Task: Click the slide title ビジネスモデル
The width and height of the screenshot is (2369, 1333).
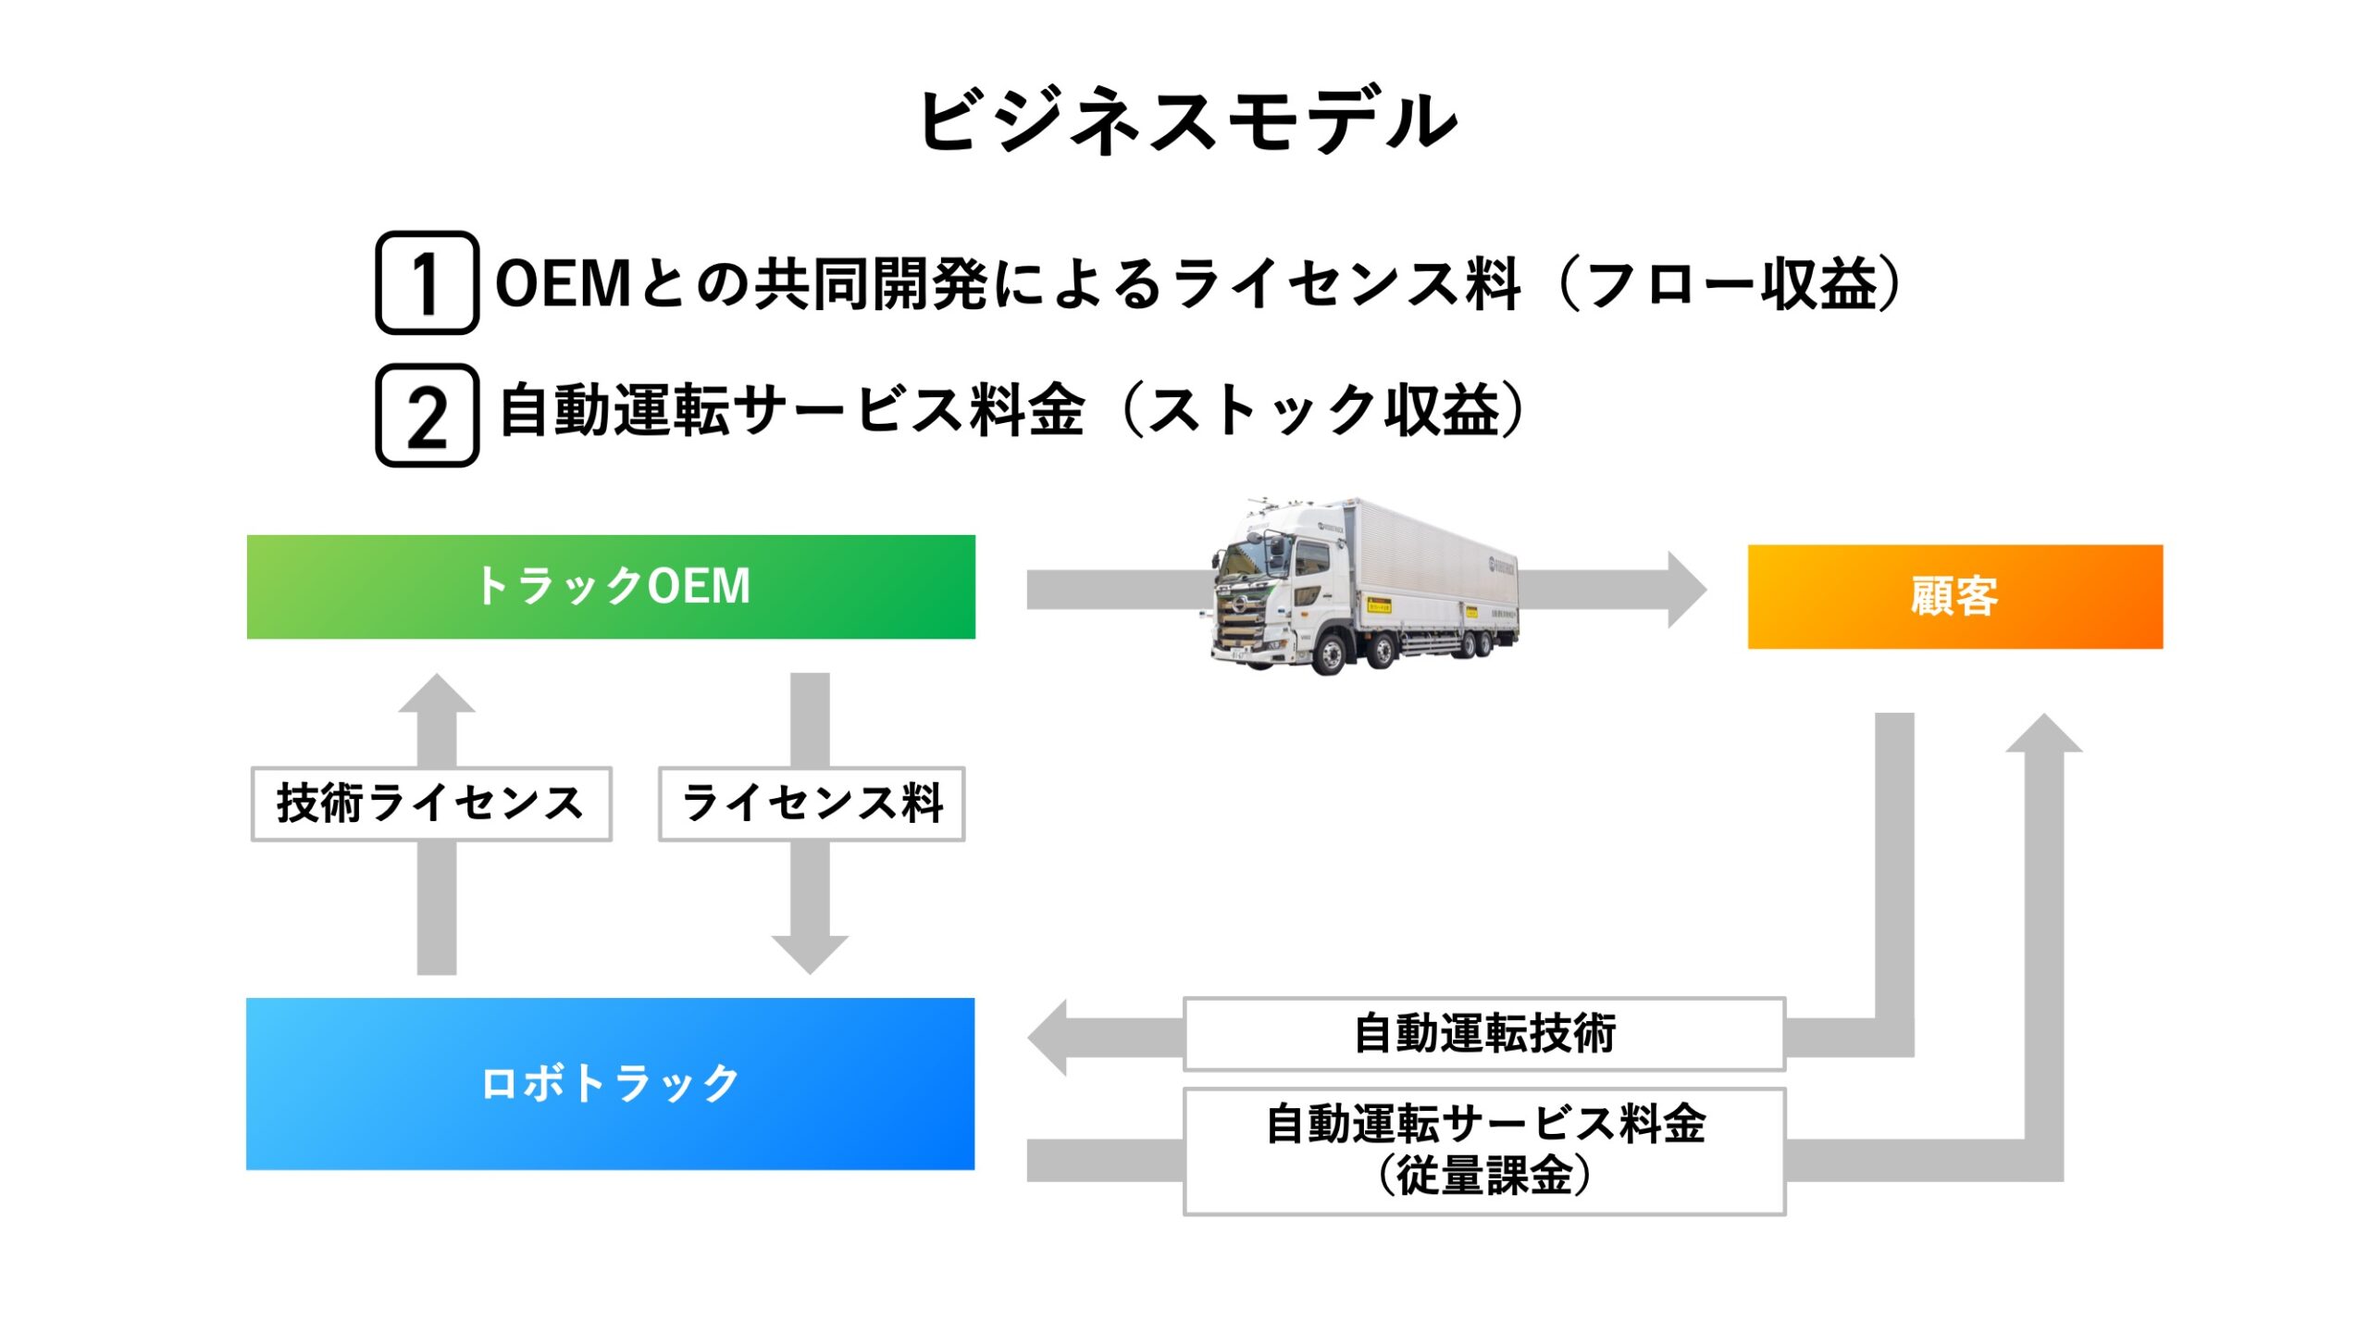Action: point(1187,120)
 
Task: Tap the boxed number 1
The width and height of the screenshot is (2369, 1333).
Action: point(427,282)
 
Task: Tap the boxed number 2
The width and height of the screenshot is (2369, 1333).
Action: point(427,415)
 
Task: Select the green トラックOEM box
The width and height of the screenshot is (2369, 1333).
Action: point(611,587)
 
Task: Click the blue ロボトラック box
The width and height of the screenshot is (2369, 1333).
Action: point(611,1084)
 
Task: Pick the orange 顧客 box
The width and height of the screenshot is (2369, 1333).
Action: point(1955,597)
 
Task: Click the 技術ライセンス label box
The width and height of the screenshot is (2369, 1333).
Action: point(431,804)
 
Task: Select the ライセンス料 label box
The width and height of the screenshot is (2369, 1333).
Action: point(812,804)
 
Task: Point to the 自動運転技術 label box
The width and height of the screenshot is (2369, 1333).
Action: point(1484,1034)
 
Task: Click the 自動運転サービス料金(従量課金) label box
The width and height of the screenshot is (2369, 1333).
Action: point(1484,1152)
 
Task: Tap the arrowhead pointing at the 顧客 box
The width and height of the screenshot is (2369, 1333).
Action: point(1687,590)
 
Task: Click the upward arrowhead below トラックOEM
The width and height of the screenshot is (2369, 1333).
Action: point(437,693)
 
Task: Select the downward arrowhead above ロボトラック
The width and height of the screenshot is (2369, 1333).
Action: point(810,954)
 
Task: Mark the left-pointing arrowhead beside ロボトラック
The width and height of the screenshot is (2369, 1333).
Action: point(1048,1037)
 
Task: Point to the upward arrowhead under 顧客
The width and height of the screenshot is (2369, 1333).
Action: point(2044,732)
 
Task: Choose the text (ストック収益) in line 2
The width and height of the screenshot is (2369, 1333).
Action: point(1323,410)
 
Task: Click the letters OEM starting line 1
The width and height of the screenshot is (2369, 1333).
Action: point(563,283)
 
